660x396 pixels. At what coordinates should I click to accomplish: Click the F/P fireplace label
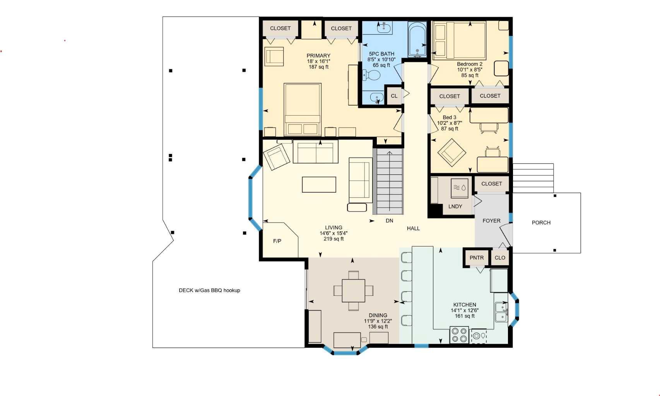(x=277, y=241)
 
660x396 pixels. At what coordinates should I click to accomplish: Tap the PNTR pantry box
(x=476, y=258)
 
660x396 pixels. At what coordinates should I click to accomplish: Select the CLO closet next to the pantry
(x=499, y=258)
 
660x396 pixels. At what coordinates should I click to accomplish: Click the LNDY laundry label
(x=455, y=207)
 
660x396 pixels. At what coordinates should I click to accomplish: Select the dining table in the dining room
(x=353, y=290)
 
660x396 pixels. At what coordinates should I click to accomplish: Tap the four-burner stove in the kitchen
(x=459, y=335)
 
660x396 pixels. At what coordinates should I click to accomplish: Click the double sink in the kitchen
(x=501, y=312)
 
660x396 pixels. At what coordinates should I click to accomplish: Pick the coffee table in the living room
(x=319, y=184)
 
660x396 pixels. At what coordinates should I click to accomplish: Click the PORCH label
(x=541, y=223)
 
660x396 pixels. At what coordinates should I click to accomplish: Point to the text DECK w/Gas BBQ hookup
(x=209, y=290)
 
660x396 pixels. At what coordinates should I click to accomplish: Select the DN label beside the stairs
(x=389, y=221)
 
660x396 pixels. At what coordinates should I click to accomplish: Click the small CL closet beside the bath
(x=394, y=96)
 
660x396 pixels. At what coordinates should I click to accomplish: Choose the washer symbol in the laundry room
(x=460, y=188)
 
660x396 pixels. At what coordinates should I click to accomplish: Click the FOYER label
(x=491, y=221)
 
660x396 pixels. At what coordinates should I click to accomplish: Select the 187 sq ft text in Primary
(x=318, y=67)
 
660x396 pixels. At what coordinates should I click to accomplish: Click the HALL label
(x=413, y=229)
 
